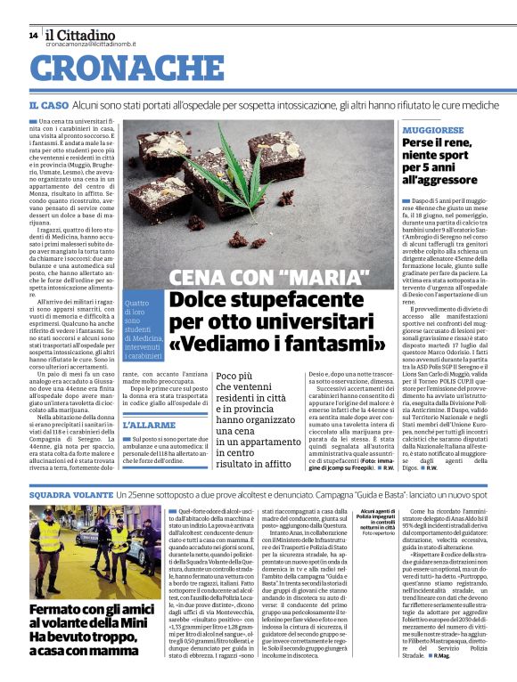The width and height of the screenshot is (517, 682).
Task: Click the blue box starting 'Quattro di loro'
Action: (x=142, y=329)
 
